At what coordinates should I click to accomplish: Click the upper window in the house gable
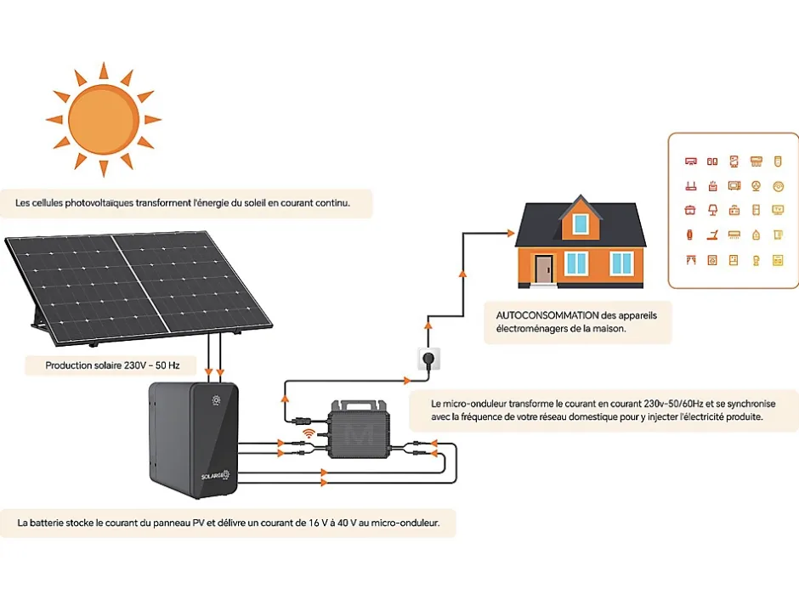coord(580,224)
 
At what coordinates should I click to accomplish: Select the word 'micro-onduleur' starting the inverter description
coord(477,403)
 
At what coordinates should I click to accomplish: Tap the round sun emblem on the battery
coord(217,399)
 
